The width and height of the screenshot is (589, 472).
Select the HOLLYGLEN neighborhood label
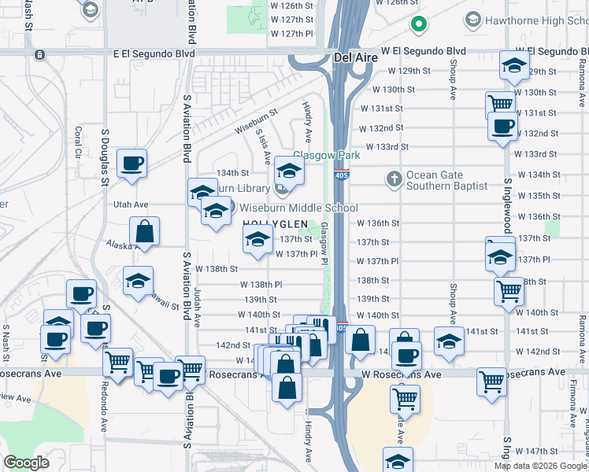(x=272, y=224)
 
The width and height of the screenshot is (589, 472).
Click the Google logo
(x=26, y=462)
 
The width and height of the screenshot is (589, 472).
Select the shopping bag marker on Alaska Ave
(x=145, y=232)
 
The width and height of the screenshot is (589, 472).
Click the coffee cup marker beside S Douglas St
(x=132, y=164)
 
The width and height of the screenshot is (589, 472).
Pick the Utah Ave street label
(x=131, y=204)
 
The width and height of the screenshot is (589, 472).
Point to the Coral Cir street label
(x=78, y=142)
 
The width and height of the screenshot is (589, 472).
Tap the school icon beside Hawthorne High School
(x=474, y=17)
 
